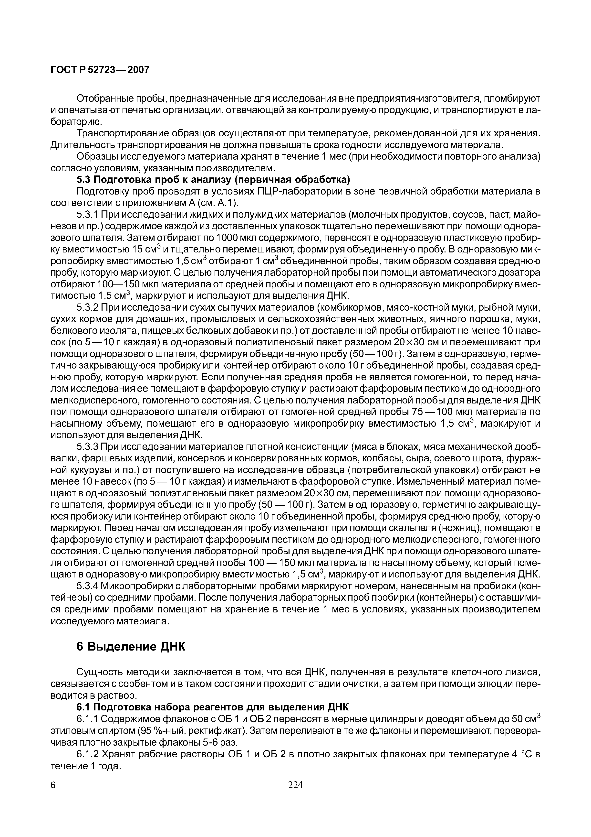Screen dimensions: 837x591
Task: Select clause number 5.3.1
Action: (x=87, y=215)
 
